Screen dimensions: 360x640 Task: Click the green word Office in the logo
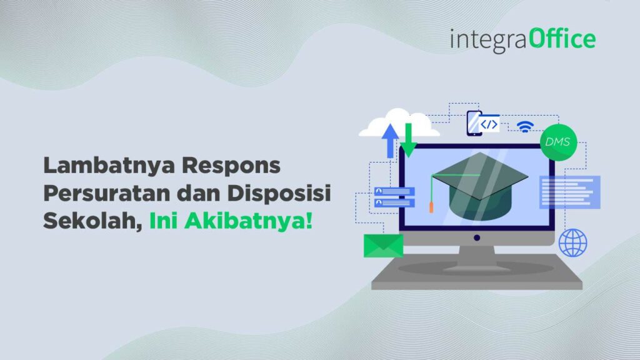pos(562,39)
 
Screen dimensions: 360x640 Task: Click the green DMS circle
pos(557,142)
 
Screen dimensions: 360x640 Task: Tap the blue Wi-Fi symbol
pos(524,126)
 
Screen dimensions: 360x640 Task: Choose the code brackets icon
pos(489,124)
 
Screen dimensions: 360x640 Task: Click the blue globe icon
pos(572,242)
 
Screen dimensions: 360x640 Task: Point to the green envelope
pos(383,246)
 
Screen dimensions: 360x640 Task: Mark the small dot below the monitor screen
pos(476,237)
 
